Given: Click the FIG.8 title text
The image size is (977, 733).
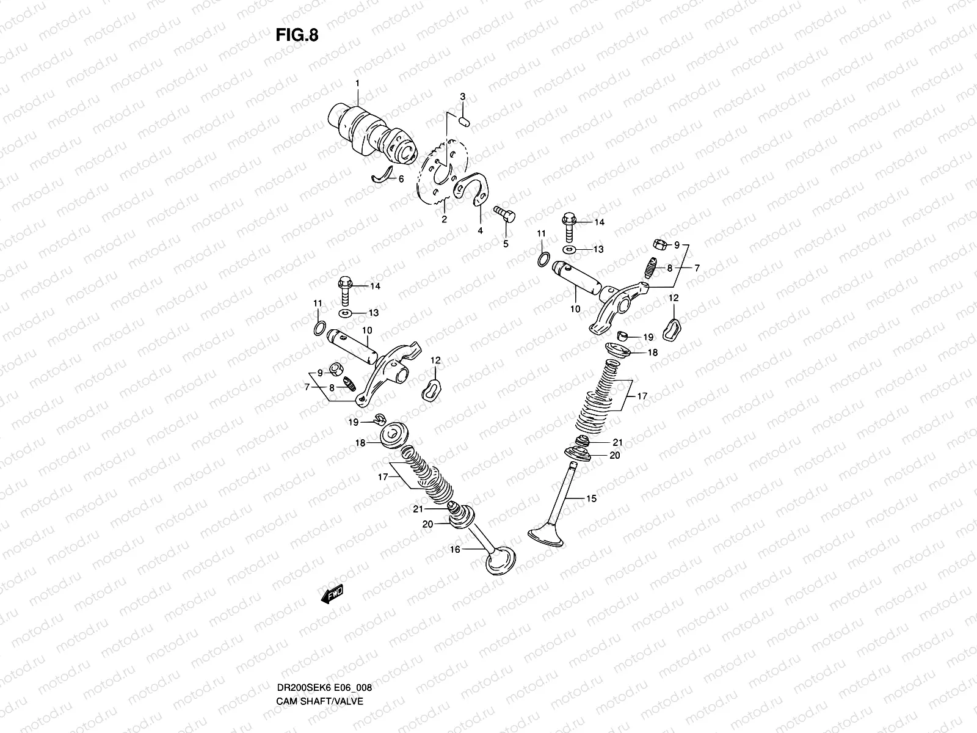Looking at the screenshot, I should [297, 35].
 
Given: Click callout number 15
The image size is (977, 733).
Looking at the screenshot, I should [591, 499].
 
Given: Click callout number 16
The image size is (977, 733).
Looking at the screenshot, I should [455, 550].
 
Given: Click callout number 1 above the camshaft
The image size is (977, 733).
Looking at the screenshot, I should [358, 83].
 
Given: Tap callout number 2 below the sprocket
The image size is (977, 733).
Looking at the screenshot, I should [445, 219].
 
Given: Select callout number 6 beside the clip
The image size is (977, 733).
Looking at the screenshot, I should [401, 180].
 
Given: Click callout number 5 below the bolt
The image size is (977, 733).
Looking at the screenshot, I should [506, 244].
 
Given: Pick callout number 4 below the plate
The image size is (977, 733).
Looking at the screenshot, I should [480, 230].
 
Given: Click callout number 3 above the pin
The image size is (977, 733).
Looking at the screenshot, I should [462, 97].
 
